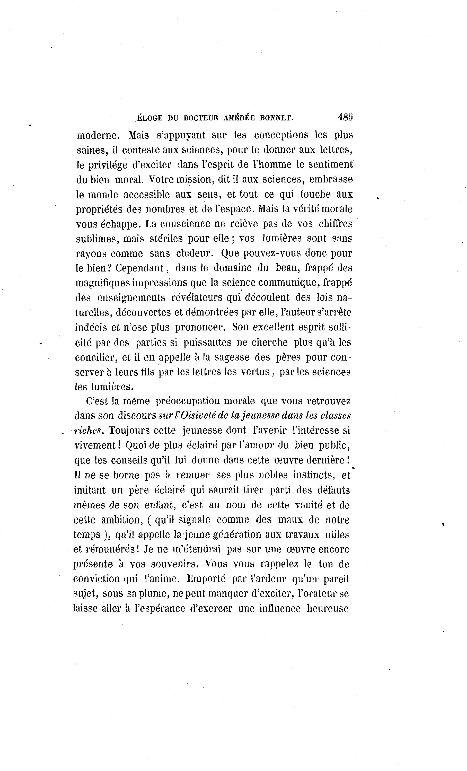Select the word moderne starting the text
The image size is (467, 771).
pos(98,135)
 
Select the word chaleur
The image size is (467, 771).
pos(194,253)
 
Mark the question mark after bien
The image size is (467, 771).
pos(109,268)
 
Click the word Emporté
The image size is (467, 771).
pos(206,579)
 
